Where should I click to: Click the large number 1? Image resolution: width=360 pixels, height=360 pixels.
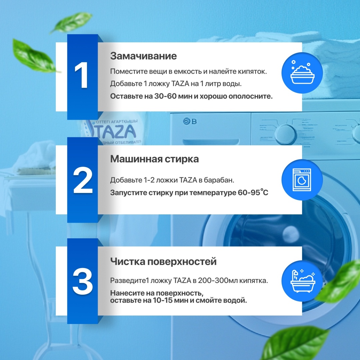click(x=82, y=75)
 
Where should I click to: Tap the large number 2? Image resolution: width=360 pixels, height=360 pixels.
click(x=83, y=180)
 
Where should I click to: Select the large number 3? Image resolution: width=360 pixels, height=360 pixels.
click(x=83, y=281)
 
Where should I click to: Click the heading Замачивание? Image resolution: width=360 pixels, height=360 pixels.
click(x=143, y=56)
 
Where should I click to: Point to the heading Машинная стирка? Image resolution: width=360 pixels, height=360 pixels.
click(x=155, y=159)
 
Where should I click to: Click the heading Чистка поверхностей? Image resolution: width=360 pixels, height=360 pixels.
click(x=163, y=262)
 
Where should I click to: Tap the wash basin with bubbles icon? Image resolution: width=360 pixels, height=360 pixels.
click(x=302, y=73)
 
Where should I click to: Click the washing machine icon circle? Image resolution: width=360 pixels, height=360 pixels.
click(x=302, y=180)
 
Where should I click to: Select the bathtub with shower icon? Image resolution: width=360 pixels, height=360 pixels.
click(x=302, y=281)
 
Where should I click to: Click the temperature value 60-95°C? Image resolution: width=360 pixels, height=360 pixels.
click(x=253, y=192)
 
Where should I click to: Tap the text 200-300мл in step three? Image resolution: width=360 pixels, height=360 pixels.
click(x=218, y=281)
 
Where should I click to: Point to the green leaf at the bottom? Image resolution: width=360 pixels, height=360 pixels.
click(x=296, y=343)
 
